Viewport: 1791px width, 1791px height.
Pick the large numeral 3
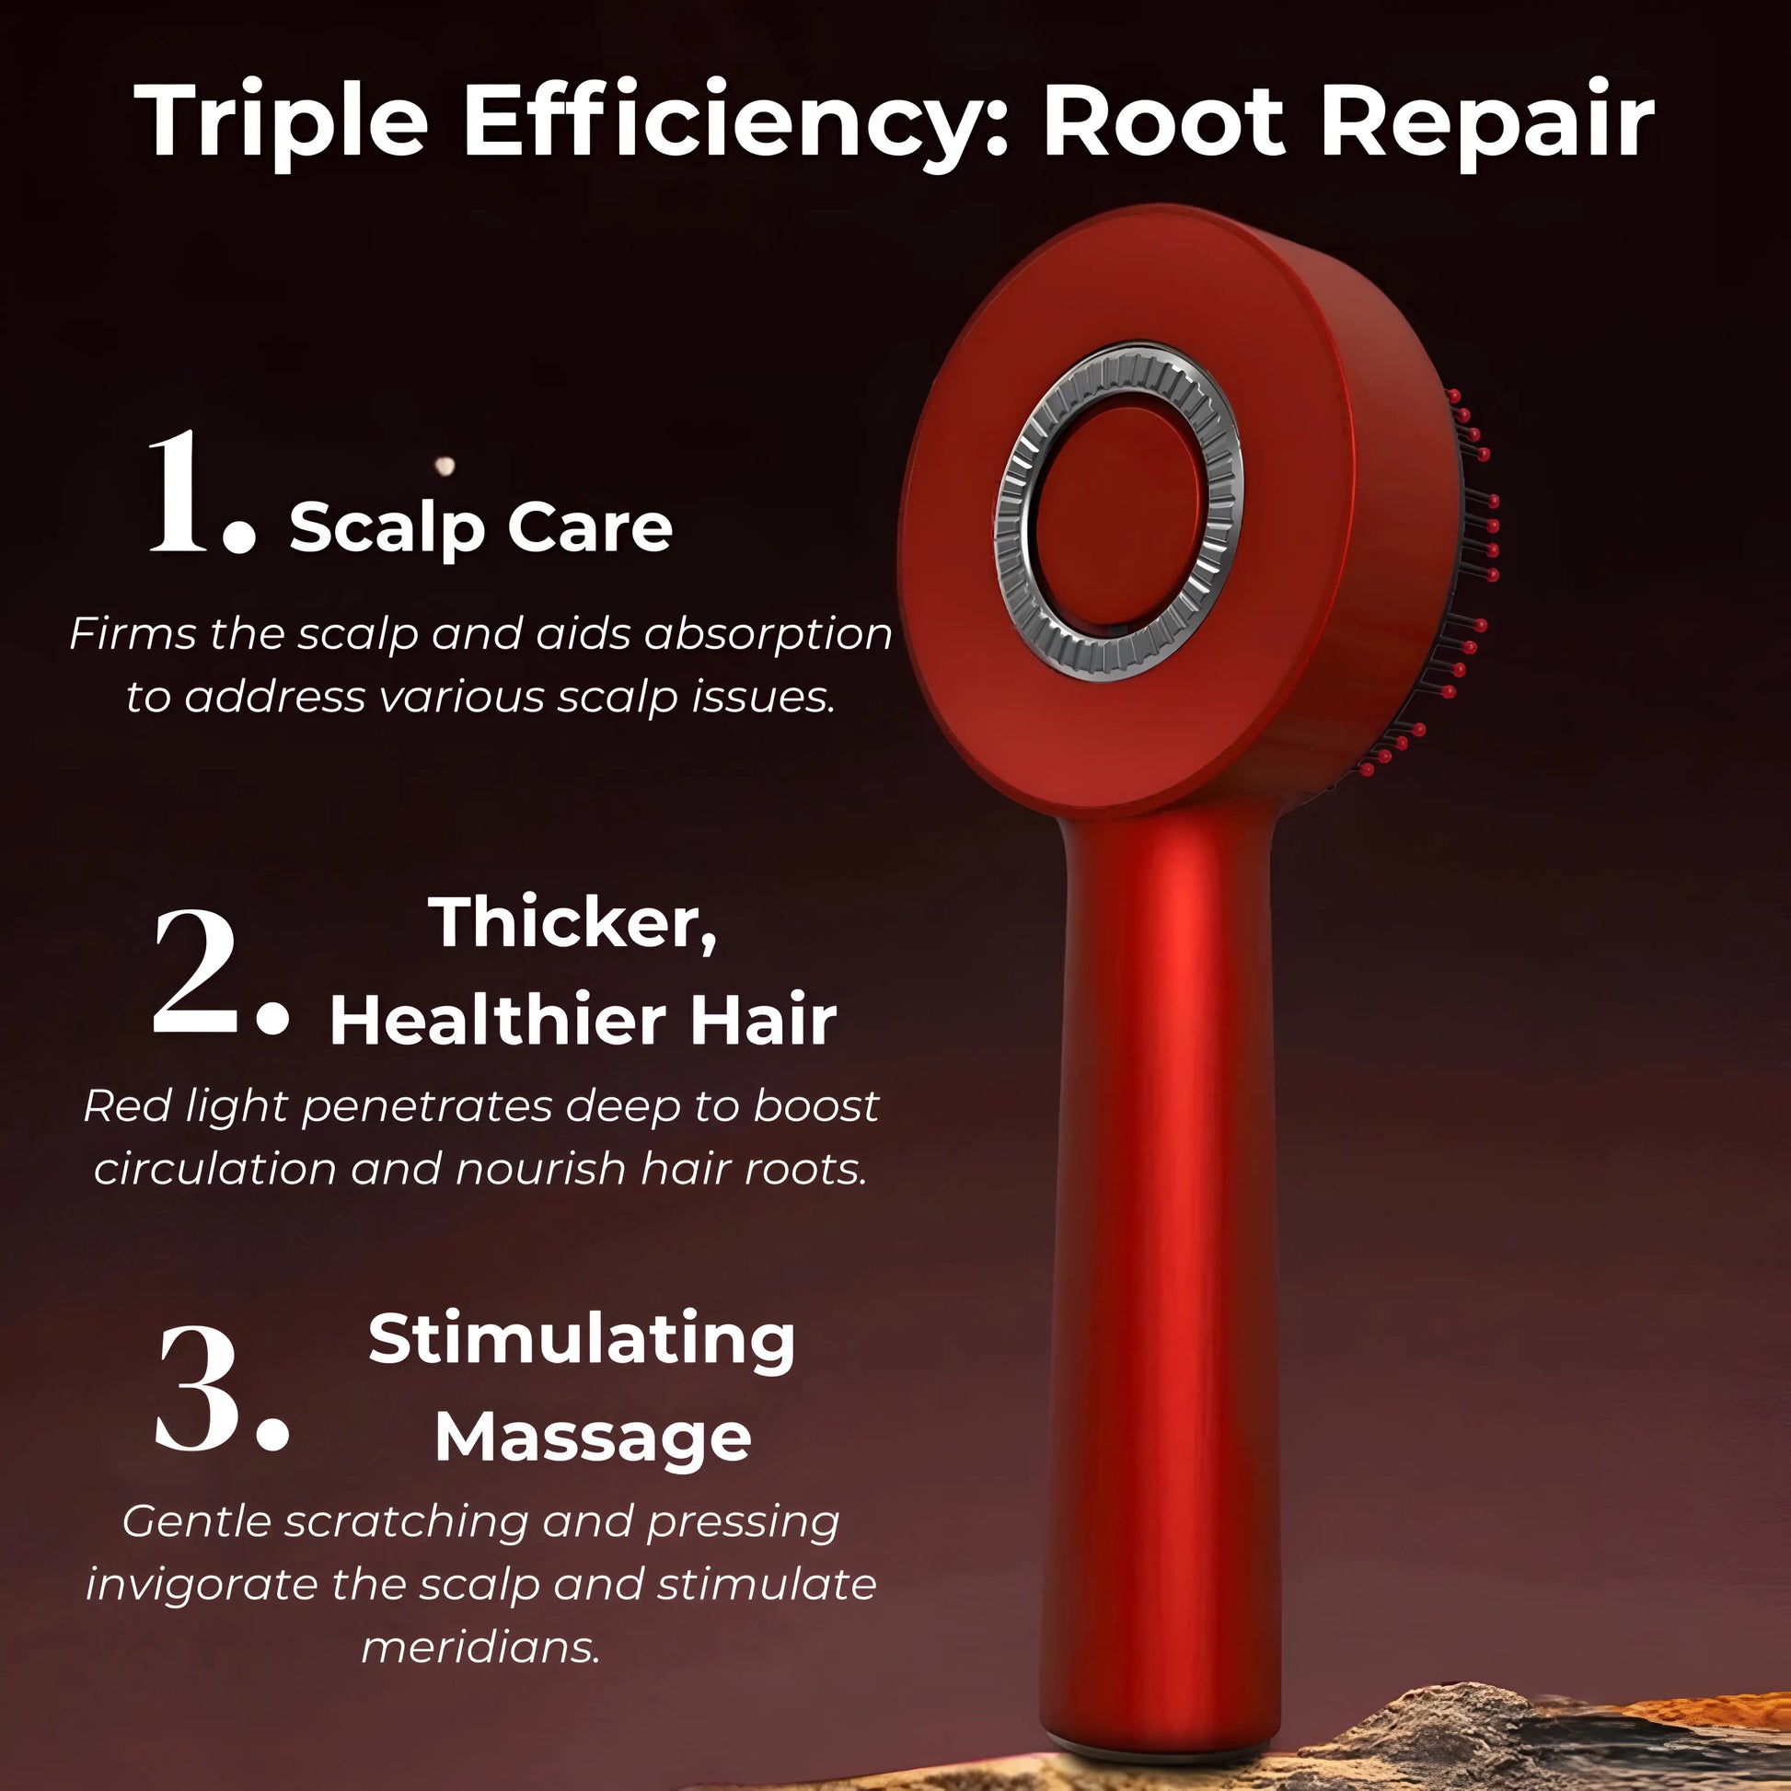[x=221, y=1387]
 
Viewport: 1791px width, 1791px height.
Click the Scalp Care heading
[x=481, y=526]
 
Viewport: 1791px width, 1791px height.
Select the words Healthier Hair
[x=584, y=1020]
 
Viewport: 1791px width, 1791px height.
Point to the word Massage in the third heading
[x=594, y=1439]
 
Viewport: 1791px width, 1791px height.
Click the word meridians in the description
[x=481, y=1647]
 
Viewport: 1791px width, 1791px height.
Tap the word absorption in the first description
[x=768, y=635]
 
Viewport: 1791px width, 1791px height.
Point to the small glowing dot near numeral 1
[x=445, y=465]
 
